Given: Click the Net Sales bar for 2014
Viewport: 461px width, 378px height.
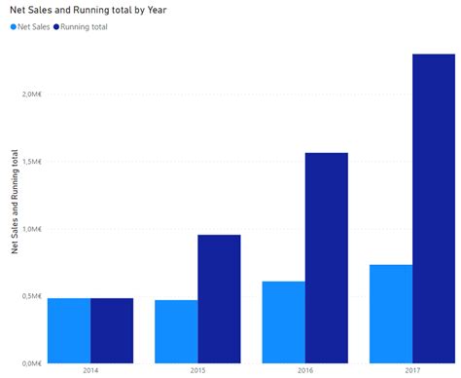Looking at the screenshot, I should [69, 330].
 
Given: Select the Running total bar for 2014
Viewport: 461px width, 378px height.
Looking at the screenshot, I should [112, 330].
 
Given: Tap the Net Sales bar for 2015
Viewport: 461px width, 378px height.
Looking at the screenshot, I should [176, 331].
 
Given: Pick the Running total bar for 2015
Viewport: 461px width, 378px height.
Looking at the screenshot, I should [219, 299].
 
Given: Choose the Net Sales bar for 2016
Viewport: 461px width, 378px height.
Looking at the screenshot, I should [283, 322].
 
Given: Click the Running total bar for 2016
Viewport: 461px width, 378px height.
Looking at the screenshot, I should [326, 258].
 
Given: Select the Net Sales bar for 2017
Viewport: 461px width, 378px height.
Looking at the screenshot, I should [390, 314].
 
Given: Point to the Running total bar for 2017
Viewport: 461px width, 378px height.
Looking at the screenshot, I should [433, 208].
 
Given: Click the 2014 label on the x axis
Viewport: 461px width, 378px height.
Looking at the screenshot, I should [90, 370].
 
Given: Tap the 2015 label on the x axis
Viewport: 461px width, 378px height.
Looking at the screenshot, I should [197, 370].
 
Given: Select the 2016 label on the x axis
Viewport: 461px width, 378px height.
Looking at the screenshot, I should [304, 370].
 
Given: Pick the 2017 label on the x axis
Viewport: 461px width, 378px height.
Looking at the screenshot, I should [411, 370].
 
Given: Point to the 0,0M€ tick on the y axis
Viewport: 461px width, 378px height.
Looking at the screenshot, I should [30, 363].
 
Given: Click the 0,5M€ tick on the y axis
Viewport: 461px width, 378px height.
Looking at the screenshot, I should [30, 296].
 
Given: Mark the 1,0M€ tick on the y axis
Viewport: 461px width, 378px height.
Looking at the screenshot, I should [30, 229].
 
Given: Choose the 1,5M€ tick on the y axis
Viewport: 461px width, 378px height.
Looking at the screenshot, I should [30, 162].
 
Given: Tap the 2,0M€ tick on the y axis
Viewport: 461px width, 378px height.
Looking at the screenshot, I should [30, 94].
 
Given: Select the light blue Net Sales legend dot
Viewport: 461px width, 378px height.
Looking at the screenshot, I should [13, 27].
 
